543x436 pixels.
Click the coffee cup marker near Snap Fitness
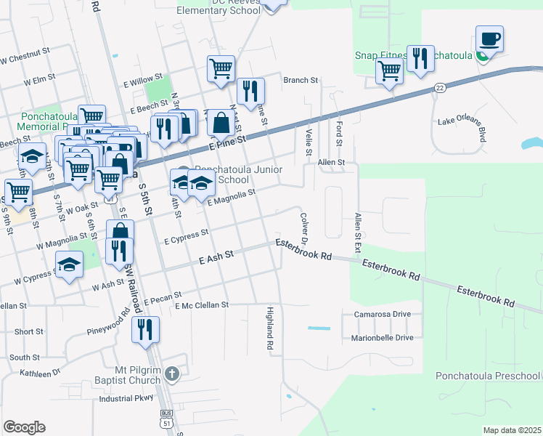coord(489,39)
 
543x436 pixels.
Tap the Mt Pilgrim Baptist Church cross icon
coord(171,374)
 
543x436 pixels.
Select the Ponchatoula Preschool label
coord(488,376)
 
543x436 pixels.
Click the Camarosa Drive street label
coord(383,315)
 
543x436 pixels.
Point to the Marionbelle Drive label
coord(383,338)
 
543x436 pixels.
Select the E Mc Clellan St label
coord(202,305)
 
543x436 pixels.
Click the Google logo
coord(24,427)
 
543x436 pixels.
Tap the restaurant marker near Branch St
coord(250,92)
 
